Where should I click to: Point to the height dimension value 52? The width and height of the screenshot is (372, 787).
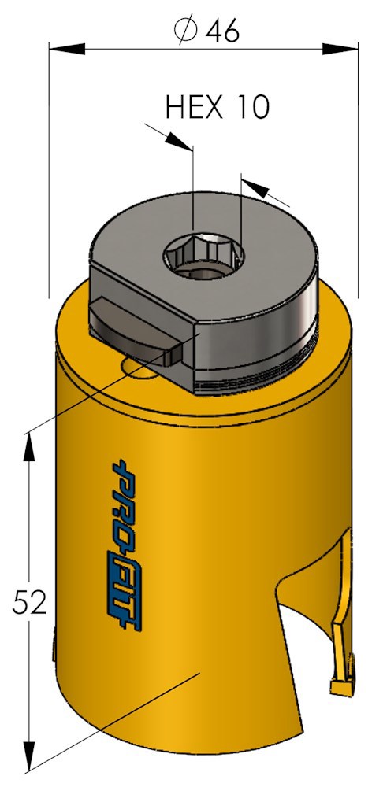click(x=31, y=603)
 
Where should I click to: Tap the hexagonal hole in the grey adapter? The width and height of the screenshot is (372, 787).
click(x=205, y=255)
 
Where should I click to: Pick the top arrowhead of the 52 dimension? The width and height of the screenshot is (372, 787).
click(x=31, y=445)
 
